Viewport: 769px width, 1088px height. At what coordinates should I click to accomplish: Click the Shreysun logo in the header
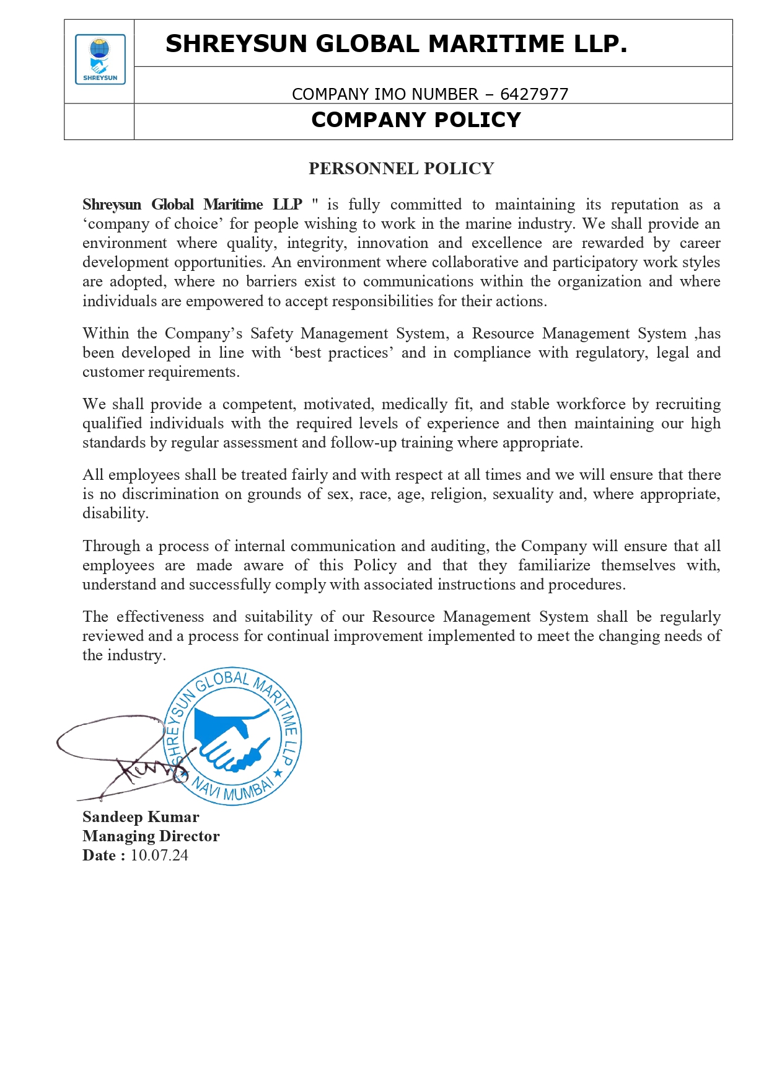[x=100, y=60]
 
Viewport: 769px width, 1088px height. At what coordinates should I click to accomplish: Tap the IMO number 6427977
[x=534, y=94]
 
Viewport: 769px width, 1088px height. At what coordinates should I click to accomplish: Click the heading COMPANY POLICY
[x=416, y=120]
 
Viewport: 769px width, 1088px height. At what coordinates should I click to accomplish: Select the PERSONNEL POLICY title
[x=401, y=169]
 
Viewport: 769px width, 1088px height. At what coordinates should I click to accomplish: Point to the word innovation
[x=392, y=243]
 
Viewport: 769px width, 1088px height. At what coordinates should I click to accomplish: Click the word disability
[x=115, y=513]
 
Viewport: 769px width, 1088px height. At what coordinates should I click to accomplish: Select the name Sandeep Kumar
[x=141, y=817]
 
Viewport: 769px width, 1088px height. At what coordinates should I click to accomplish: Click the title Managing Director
[x=151, y=836]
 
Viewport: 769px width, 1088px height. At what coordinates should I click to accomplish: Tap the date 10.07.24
[x=159, y=856]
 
